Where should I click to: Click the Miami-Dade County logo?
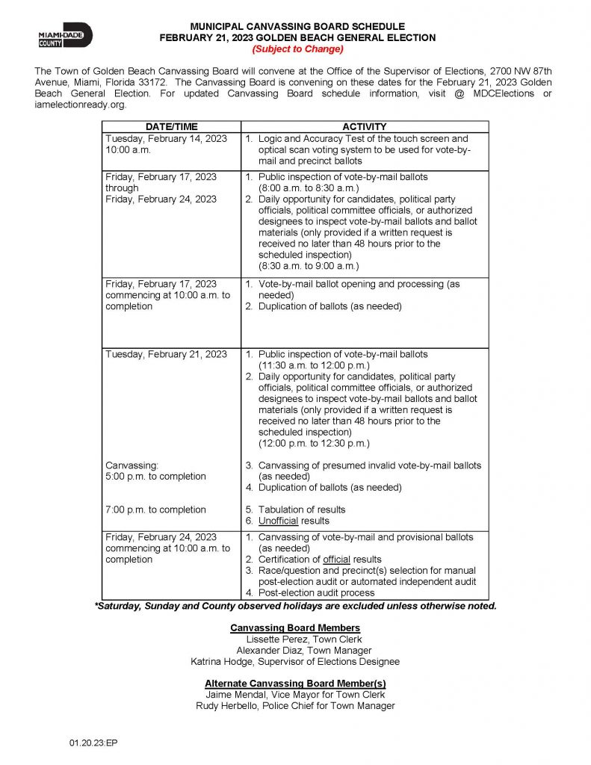pyautogui.click(x=65, y=35)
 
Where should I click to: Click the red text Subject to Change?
pyautogui.click(x=297, y=49)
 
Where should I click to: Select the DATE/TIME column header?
pyautogui.click(x=171, y=127)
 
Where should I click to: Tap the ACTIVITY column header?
pyautogui.click(x=365, y=127)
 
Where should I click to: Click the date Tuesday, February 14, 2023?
pyautogui.click(x=166, y=138)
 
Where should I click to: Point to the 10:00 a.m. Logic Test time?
pyautogui.click(x=129, y=149)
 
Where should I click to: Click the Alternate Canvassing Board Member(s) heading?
pyautogui.click(x=295, y=684)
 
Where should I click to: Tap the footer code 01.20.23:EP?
pyautogui.click(x=93, y=743)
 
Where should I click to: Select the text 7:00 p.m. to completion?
pyautogui.click(x=155, y=510)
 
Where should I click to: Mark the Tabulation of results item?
pyautogui.click(x=301, y=510)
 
